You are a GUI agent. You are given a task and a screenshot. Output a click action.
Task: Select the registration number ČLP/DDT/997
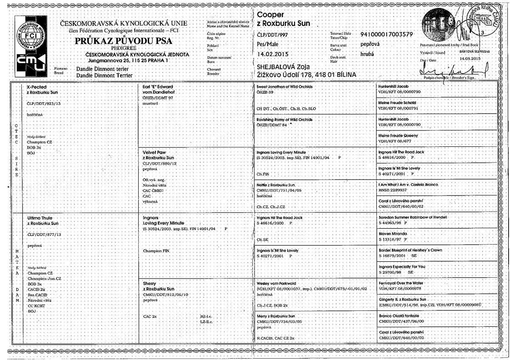(x=272, y=35)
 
